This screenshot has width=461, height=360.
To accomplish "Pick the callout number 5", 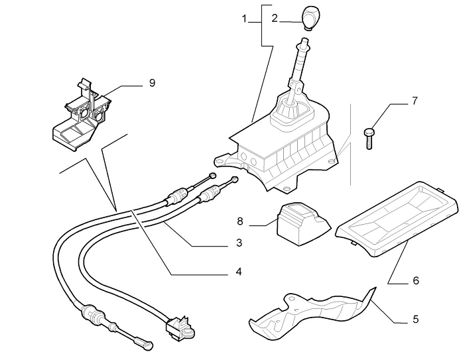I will coord(415,319).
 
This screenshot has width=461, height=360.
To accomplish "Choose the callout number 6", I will coord(415,280).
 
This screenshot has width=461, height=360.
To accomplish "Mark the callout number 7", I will coord(415,101).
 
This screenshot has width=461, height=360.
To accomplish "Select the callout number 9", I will coord(151,84).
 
